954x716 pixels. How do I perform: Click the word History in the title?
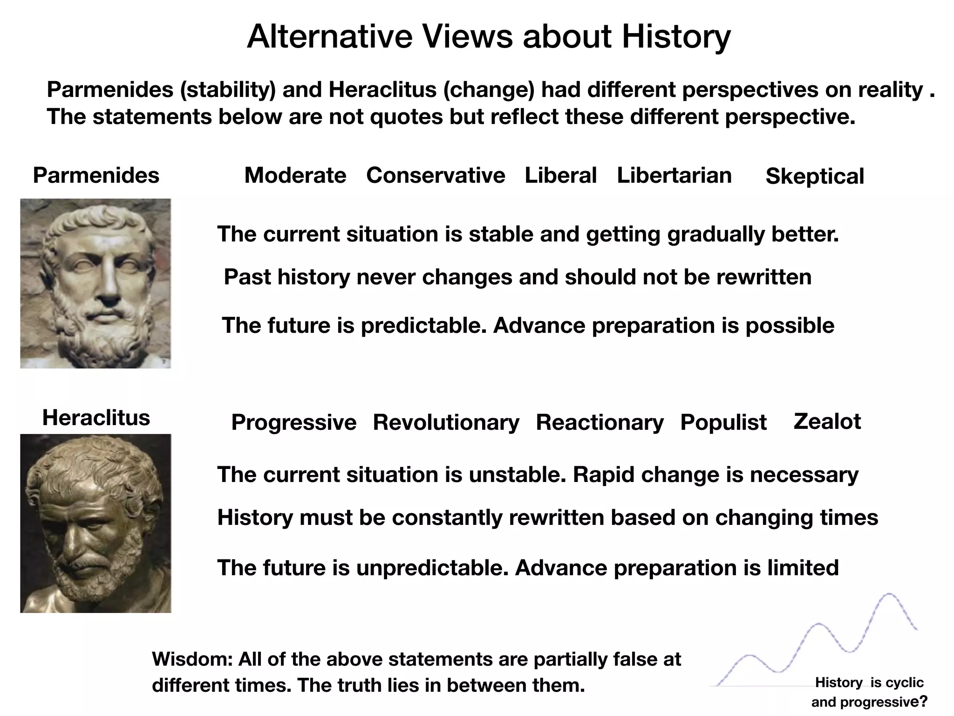pos(676,36)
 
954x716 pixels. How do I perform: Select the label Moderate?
pos(295,176)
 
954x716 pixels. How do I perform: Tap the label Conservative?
pos(436,176)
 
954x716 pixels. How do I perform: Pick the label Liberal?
pos(560,176)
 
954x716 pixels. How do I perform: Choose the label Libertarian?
pos(674,176)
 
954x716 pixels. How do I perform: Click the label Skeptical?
pos(815,177)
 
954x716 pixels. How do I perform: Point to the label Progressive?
pos(294,423)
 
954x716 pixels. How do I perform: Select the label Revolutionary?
pos(446,423)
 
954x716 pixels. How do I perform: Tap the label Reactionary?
pos(600,423)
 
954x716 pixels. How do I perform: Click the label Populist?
pos(723,423)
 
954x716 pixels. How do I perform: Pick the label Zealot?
pos(827,421)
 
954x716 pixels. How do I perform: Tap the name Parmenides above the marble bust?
pos(96,176)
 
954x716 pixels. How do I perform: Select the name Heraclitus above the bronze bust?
pos(96,418)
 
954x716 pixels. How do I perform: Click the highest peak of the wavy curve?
pos(889,594)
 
